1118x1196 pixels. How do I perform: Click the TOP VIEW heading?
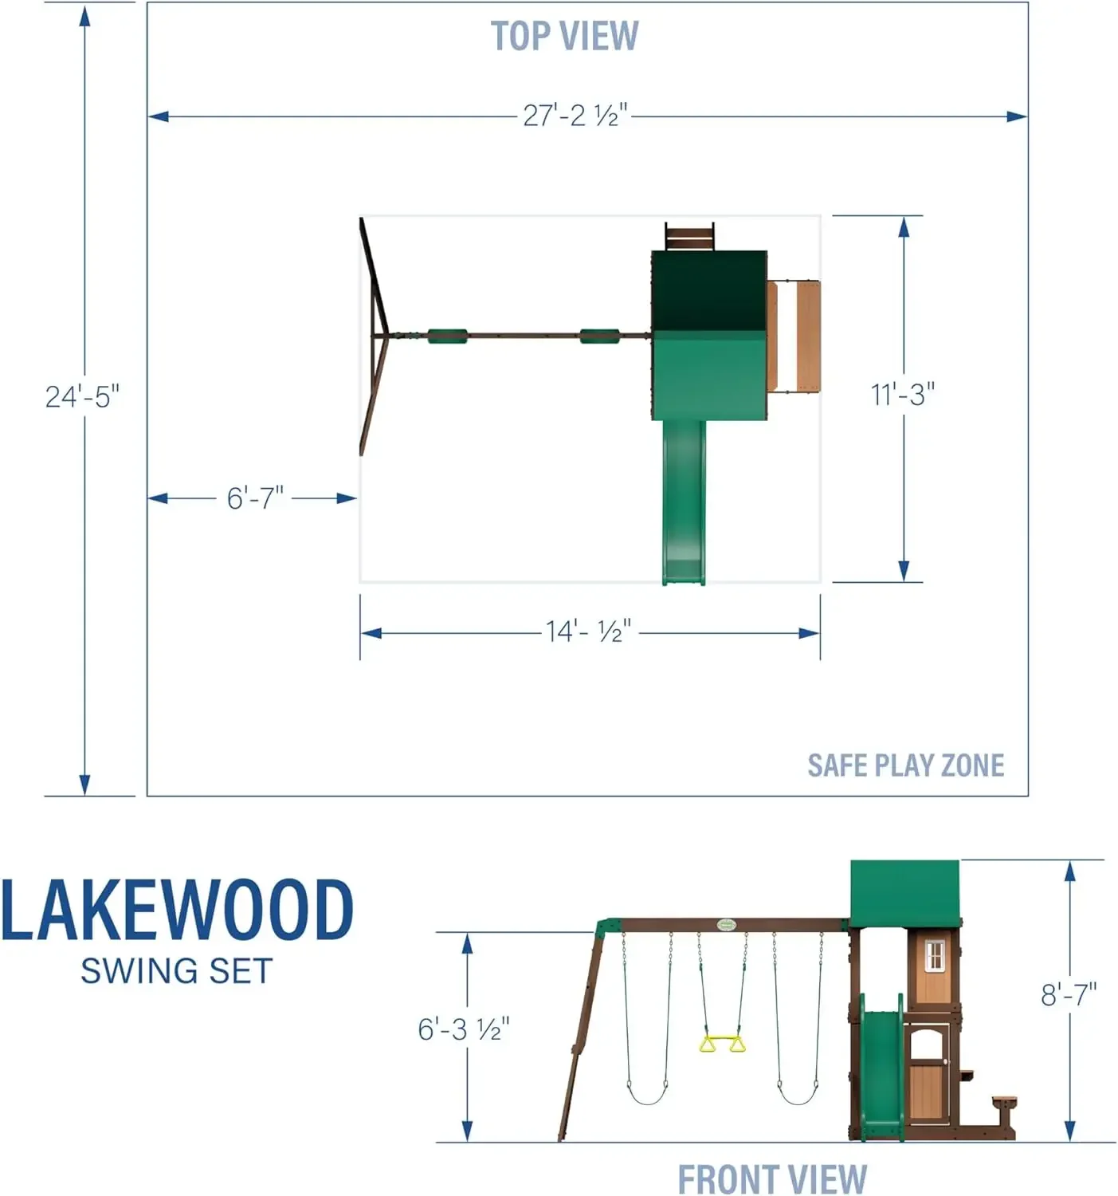pos(564,36)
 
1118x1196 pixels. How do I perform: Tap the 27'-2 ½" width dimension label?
pos(575,115)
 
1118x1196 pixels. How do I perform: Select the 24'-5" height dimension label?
pos(83,397)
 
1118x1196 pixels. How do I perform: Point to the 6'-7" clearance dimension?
pos(255,498)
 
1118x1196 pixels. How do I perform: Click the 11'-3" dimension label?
pos(903,395)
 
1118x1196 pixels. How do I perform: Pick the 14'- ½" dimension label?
pos(588,631)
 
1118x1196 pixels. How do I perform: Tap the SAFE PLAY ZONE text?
pos(905,765)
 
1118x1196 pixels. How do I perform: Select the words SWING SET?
pos(176,971)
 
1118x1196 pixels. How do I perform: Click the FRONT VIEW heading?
pos(772,1178)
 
